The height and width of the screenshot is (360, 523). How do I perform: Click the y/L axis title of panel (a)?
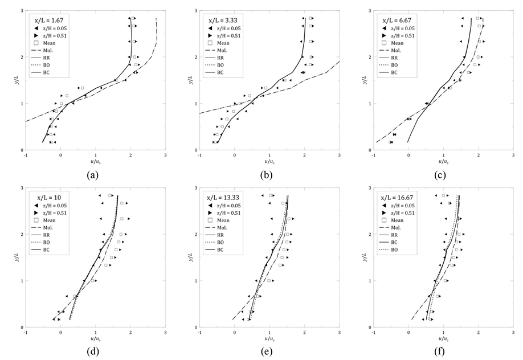(x=13, y=80)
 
